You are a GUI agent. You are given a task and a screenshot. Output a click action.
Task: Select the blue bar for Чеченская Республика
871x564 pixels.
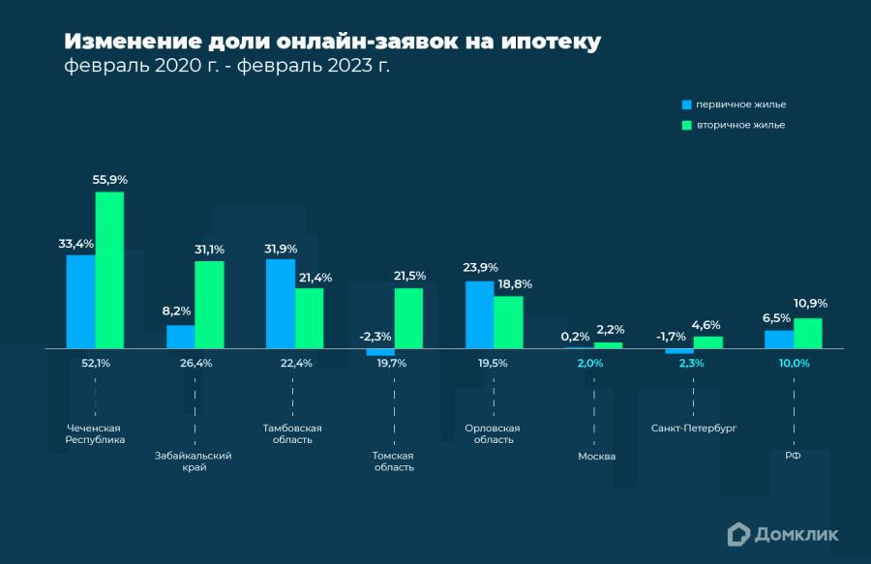[80, 301]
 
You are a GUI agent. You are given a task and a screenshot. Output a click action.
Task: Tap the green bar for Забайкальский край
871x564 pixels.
[209, 304]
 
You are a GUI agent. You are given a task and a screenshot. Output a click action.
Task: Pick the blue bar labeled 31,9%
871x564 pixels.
[281, 303]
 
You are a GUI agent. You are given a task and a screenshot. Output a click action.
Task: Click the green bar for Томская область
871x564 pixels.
[408, 317]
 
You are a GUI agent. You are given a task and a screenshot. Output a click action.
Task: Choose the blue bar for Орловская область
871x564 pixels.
[480, 313]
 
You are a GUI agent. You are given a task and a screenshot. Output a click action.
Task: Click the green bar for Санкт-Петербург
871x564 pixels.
[708, 341]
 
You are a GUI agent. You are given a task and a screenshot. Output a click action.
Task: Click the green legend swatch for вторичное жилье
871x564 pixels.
[686, 125]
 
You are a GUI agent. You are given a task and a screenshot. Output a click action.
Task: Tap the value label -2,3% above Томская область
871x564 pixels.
[375, 337]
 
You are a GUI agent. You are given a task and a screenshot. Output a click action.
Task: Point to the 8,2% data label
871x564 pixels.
[176, 312]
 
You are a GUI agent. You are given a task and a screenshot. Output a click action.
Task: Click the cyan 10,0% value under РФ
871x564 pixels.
[794, 363]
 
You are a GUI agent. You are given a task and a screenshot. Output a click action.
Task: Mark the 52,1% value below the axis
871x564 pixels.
[95, 363]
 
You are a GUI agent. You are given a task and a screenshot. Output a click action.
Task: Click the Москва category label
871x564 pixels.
[596, 456]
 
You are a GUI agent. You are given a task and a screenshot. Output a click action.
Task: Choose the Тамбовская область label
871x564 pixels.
[292, 433]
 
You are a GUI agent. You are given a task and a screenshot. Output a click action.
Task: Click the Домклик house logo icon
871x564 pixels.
[738, 533]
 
